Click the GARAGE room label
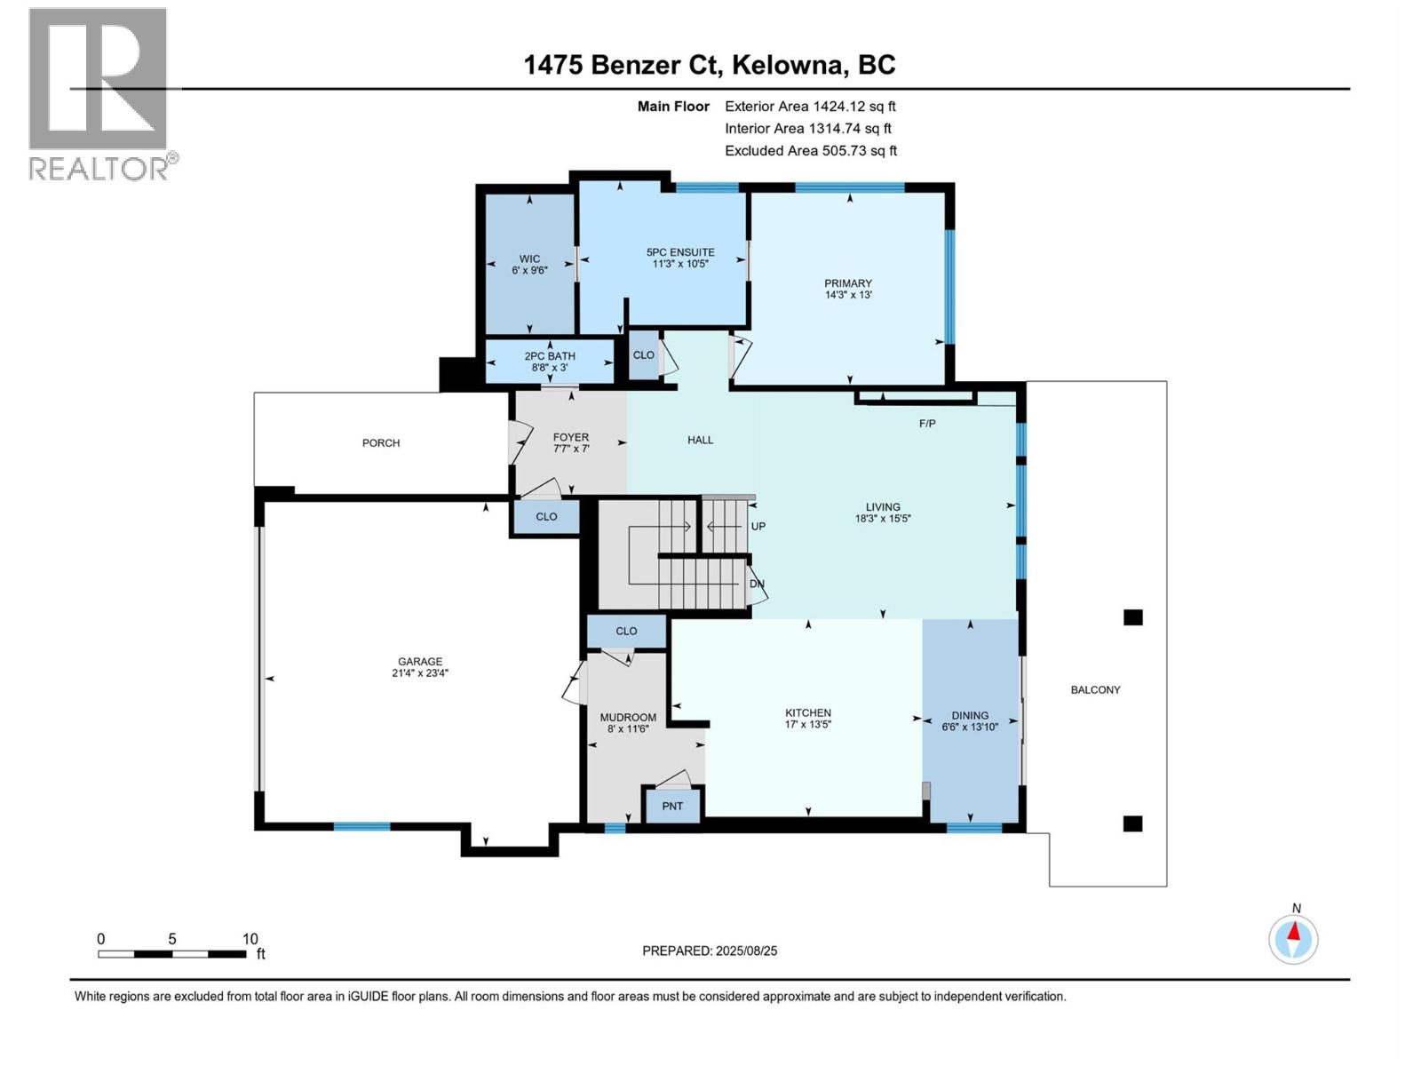pos(420,662)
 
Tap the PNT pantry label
pos(672,807)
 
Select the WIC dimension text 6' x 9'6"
pos(529,270)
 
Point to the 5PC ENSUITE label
pos(680,252)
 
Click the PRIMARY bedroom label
pos(848,283)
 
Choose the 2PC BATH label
pos(550,356)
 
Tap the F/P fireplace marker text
pos(927,424)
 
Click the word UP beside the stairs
pos(758,527)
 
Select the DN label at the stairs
pos(757,585)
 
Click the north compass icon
pos(1294,938)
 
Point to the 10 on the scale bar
pos(250,939)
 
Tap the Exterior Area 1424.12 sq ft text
pos(810,107)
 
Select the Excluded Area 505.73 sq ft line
pos(810,151)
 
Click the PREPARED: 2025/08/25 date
pos(710,951)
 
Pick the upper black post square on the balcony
pos(1132,617)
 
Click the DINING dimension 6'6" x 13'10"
pos(970,727)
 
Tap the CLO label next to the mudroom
pos(626,632)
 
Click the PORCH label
pos(381,443)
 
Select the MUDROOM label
pos(628,718)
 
